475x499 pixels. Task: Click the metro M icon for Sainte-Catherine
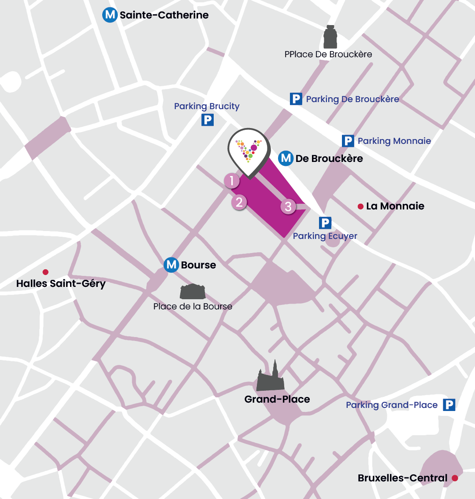[x=110, y=15]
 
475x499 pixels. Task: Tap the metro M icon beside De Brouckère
[x=286, y=158]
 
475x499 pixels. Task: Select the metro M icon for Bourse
[x=171, y=265]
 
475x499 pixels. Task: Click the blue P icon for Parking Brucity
[x=208, y=120]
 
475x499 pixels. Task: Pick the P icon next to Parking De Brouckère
[x=296, y=99]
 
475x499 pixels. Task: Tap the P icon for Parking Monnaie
[x=348, y=141]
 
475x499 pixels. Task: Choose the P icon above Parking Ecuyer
[x=325, y=223]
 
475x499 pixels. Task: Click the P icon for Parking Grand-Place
[x=449, y=405]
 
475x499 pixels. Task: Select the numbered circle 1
[x=231, y=181]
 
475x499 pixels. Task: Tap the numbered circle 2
[x=239, y=202]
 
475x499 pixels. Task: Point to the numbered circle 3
[x=288, y=207]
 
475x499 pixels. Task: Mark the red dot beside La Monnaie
[x=360, y=206]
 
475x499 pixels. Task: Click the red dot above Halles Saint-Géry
[x=45, y=272]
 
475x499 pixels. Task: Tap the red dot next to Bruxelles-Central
[x=455, y=478]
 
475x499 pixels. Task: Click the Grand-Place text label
[x=277, y=399]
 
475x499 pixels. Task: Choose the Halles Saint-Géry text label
[x=61, y=284]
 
